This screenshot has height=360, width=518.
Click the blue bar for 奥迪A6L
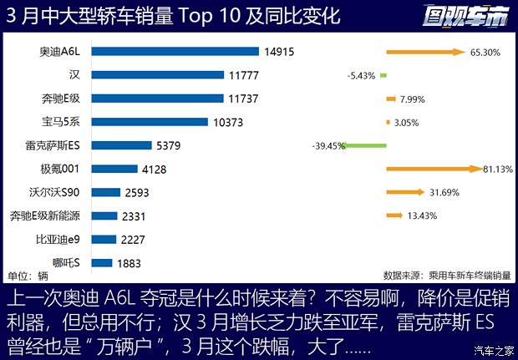pos(175,52)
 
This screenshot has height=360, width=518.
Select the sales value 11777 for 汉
pos(245,75)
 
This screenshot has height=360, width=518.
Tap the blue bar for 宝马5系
pos(150,122)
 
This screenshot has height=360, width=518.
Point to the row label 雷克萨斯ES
pos(55,145)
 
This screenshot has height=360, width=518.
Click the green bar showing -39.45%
pos(366,145)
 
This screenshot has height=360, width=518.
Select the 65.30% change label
pos(485,52)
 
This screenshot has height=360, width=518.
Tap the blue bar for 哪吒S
pos(102,262)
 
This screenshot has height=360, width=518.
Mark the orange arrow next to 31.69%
pos(405,192)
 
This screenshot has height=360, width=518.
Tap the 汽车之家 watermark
pos(493,350)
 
